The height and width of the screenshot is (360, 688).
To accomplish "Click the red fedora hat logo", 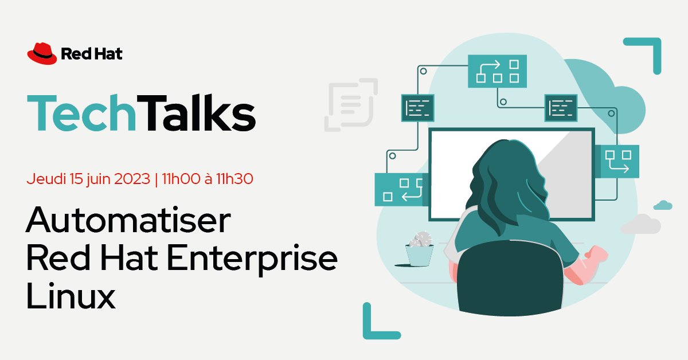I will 42,53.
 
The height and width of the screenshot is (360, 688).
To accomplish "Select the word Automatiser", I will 128,221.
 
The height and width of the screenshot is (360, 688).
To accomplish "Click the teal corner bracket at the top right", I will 645,54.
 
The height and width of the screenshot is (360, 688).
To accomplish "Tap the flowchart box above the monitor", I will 497,71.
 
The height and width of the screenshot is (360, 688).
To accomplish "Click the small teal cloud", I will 663,205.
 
